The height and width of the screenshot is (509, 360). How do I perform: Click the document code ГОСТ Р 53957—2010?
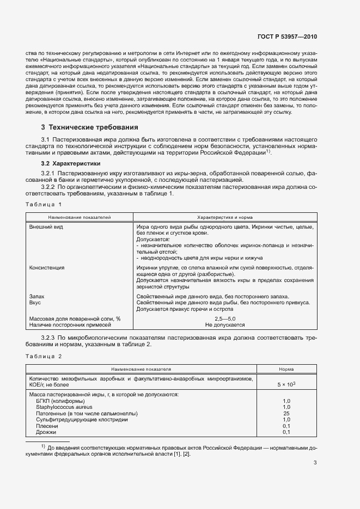pos(287,36)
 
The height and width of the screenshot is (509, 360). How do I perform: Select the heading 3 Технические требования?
pos(86,127)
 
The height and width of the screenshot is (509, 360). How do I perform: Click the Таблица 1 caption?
pos(44,204)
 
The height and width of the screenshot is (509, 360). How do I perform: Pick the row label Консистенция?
pos(47,268)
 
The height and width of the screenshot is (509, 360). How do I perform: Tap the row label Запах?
pos(36,296)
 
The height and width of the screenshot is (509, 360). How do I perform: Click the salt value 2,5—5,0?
pos(224,317)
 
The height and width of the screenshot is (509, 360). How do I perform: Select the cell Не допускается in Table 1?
pos(224,324)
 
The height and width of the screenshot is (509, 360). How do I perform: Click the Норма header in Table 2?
pos(286,369)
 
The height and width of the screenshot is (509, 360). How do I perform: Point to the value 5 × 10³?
pos(286,384)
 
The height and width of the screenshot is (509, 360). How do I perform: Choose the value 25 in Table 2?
pos(286,413)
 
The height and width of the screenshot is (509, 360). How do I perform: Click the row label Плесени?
pos(47,426)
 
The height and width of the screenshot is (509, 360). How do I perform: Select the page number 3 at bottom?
pos(315,463)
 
